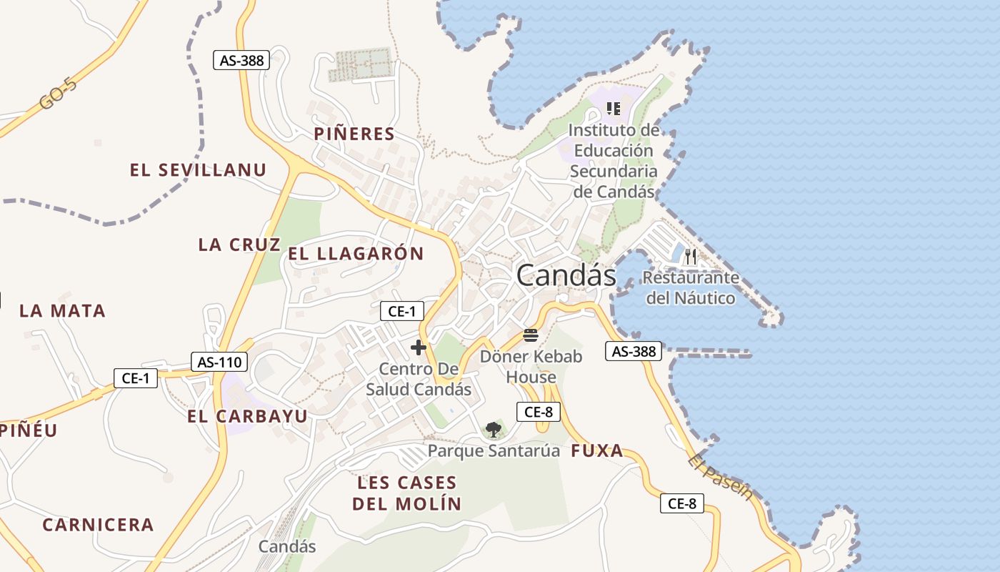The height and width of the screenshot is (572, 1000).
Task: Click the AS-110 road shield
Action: coord(219,362)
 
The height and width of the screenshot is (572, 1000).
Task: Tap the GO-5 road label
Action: coord(58,94)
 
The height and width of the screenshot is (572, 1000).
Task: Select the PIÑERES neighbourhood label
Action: coord(354,134)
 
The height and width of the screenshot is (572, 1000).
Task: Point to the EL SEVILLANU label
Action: coord(198,170)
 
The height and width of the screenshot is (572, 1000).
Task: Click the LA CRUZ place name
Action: coord(239,245)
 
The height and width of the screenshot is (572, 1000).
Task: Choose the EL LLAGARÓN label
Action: coord(356,253)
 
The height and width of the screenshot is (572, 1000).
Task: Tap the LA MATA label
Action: coord(63,311)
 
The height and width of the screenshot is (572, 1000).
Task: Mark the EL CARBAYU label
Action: coord(248,416)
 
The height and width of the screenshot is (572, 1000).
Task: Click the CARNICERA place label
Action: coord(98,525)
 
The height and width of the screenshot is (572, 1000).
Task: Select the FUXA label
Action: coord(597,451)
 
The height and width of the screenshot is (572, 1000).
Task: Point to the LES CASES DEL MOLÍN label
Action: coord(406,493)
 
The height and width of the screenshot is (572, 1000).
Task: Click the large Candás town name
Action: coord(566,275)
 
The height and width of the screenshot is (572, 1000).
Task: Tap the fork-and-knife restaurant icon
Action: coord(690,256)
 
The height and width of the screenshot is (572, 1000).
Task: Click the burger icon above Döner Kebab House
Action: coord(530,335)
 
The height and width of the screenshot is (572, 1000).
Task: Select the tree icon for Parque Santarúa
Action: coord(493,430)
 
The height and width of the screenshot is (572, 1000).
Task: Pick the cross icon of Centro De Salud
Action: coord(419,348)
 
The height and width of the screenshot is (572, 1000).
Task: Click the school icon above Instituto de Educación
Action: coord(613,109)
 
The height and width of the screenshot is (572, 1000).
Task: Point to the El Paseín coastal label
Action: coord(721,478)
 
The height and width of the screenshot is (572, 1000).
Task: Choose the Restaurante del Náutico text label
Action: coord(690,287)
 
